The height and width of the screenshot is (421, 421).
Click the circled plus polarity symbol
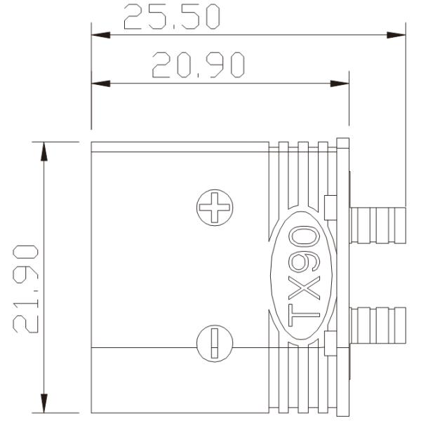coord(215,208)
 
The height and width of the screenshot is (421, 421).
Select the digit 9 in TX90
coord(302,262)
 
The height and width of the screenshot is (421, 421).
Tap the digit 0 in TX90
coord(302,235)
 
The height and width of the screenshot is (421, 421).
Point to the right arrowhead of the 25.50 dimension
coord(397,34)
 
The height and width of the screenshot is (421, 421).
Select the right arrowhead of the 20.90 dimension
coord(340,83)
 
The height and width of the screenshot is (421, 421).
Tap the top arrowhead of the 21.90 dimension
coord(44,152)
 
